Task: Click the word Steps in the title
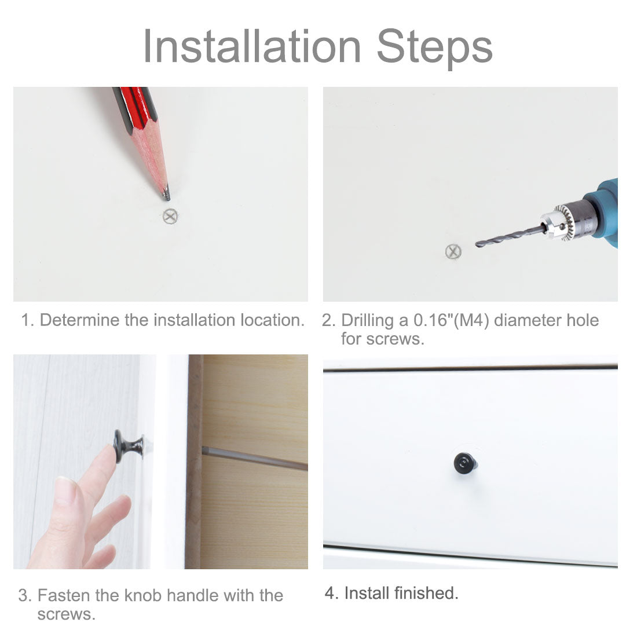[x=435, y=49]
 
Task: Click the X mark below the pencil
[x=170, y=216]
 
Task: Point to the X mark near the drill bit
[x=453, y=251]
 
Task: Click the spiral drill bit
[x=510, y=236]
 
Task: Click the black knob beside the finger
[x=129, y=446]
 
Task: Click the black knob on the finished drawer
[x=465, y=463]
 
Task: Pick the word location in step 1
[x=272, y=320]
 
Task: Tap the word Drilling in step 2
[x=367, y=321]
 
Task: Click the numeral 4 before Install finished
[x=329, y=593]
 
